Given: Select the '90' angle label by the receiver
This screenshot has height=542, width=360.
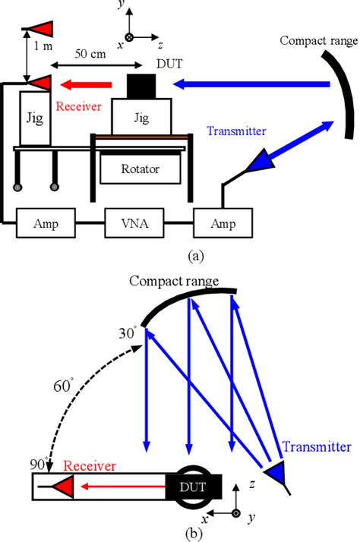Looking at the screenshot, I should pos(36,464).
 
